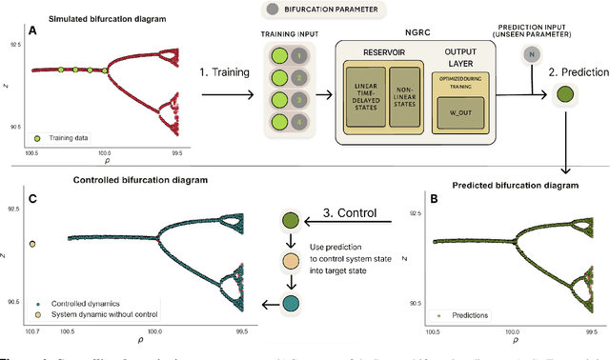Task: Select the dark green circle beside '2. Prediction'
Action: click(563, 94)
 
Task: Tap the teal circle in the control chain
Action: click(290, 304)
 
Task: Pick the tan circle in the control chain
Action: click(290, 261)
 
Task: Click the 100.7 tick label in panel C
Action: click(33, 331)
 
